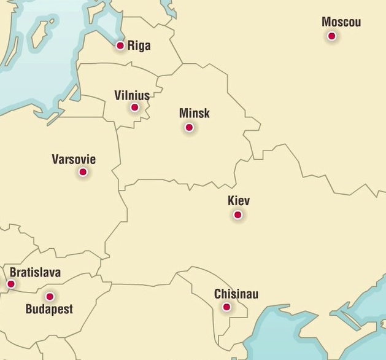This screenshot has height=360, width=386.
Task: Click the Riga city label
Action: click(x=139, y=45)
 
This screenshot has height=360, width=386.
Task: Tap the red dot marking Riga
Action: click(x=120, y=45)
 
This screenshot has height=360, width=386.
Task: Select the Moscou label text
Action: click(x=341, y=23)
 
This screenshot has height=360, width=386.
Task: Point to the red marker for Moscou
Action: click(x=331, y=36)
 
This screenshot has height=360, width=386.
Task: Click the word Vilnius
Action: click(x=132, y=95)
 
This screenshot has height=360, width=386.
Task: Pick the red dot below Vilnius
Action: click(x=134, y=108)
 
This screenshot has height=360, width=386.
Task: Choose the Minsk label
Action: click(x=195, y=113)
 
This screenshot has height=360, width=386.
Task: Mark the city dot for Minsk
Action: click(x=189, y=127)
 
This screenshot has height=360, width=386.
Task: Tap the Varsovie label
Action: click(x=74, y=160)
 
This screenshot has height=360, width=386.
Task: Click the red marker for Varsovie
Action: click(x=83, y=172)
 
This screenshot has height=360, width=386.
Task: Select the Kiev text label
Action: click(x=239, y=201)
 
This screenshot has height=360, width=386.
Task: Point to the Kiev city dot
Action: click(x=237, y=215)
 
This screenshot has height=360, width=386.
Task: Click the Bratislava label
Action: click(x=35, y=273)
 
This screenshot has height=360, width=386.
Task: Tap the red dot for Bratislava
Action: click(x=10, y=284)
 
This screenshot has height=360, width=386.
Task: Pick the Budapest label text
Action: click(x=49, y=309)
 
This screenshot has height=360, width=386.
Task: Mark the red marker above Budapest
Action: click(x=50, y=297)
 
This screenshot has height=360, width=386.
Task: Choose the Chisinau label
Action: click(x=236, y=294)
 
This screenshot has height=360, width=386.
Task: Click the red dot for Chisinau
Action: click(x=226, y=307)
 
